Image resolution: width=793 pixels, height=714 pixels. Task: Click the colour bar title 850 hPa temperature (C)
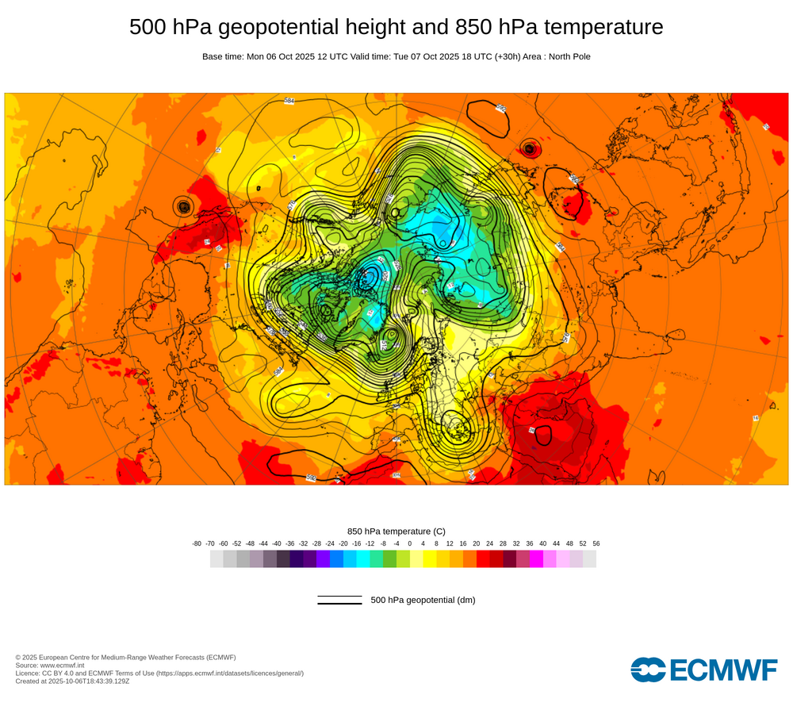(x=396, y=531)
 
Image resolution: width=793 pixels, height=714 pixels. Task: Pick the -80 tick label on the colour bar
(x=197, y=543)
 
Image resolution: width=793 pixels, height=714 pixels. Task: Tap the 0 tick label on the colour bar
(x=410, y=543)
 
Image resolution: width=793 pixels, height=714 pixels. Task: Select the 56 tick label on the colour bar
(x=596, y=543)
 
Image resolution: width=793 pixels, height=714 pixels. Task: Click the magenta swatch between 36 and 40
(x=536, y=559)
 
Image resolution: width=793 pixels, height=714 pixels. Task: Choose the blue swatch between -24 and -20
(x=336, y=559)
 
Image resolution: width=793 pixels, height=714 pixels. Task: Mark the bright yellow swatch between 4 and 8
(x=430, y=559)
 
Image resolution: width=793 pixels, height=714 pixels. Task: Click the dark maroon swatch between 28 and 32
(x=510, y=559)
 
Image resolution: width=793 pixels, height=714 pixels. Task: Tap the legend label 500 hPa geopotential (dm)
(x=423, y=600)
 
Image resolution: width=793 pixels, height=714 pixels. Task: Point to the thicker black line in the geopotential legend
(x=339, y=604)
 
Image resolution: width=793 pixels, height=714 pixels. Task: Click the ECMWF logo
(x=704, y=670)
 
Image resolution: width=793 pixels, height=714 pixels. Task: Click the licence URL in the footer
(x=230, y=674)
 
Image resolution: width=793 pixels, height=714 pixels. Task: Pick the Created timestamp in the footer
(x=72, y=681)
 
